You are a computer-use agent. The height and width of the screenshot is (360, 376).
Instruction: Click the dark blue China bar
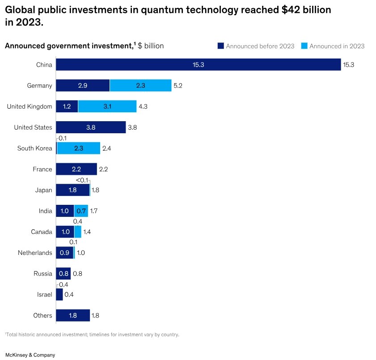pyautogui.click(x=198, y=65)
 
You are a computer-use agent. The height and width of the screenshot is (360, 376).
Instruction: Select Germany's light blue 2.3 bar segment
pyautogui.click(x=140, y=85)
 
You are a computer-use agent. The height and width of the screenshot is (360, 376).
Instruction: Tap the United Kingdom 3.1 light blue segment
pyautogui.click(x=107, y=106)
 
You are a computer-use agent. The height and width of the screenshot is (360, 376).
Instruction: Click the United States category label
pyautogui.click(x=33, y=127)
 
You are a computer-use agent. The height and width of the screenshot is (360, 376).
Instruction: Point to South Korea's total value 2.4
pyautogui.click(x=106, y=148)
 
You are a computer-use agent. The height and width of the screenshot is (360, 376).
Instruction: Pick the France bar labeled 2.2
pyautogui.click(x=76, y=169)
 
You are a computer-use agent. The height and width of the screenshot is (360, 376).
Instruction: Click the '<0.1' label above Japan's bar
pyautogui.click(x=81, y=180)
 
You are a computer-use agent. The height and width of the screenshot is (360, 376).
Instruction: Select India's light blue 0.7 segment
pyautogui.click(x=81, y=211)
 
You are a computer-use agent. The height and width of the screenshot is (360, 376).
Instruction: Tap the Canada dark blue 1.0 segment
pyautogui.click(x=65, y=232)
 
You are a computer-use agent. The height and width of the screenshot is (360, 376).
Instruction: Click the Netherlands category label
pyautogui.click(x=35, y=253)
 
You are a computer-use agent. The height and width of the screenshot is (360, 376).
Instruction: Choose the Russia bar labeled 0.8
pyautogui.click(x=63, y=274)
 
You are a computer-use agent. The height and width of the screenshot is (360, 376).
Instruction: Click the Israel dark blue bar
pyautogui.click(x=59, y=295)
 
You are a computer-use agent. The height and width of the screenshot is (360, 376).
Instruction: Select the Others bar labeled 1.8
pyautogui.click(x=72, y=316)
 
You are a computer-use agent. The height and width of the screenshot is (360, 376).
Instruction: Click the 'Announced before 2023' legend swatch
pyautogui.click(x=220, y=46)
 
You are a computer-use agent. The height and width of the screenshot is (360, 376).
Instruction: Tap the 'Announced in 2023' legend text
pyautogui.click(x=337, y=46)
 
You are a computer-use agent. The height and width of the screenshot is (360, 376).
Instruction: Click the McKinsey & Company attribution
pyautogui.click(x=30, y=355)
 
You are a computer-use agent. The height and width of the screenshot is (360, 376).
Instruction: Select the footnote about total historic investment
pyautogui.click(x=92, y=335)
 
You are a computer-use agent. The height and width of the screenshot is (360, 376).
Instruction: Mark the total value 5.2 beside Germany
pyautogui.click(x=178, y=85)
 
